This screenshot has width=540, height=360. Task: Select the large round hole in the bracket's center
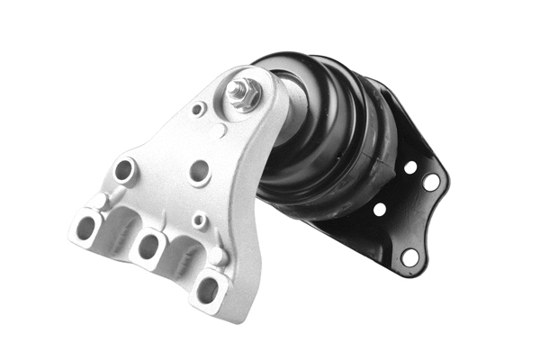pyautogui.click(x=200, y=170)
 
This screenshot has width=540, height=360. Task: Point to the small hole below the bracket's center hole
pyautogui.click(x=199, y=219)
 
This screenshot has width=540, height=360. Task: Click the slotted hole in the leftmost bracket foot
pyautogui.click(x=87, y=226)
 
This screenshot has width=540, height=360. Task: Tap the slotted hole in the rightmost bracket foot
pyautogui.click(x=207, y=289)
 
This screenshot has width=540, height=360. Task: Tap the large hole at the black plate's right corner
pyautogui.click(x=431, y=182)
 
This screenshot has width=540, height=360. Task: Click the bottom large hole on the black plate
pyautogui.click(x=409, y=256)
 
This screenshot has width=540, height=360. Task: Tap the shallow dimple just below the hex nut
pyautogui.click(x=222, y=133)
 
